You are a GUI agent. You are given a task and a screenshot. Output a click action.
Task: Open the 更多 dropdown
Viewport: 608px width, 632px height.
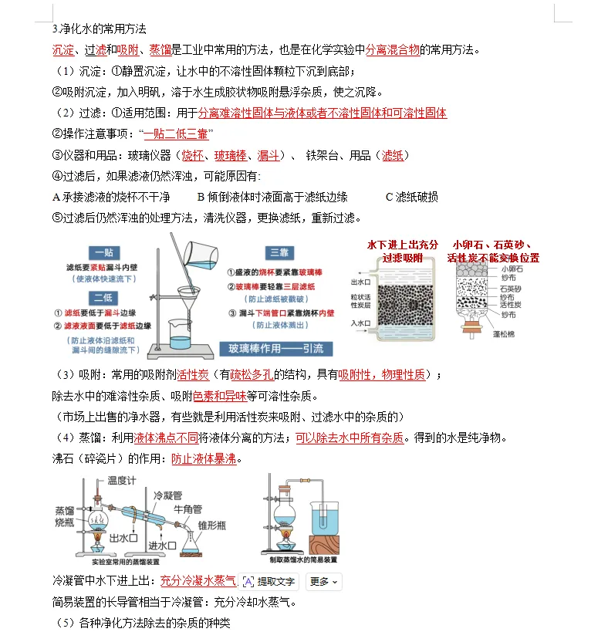pos(324,581)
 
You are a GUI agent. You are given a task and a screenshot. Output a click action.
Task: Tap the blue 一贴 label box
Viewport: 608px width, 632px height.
pos(102,252)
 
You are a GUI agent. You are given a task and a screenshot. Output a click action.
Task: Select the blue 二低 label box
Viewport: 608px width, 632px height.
pos(102,298)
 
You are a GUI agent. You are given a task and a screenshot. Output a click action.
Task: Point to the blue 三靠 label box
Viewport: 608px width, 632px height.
pos(278,252)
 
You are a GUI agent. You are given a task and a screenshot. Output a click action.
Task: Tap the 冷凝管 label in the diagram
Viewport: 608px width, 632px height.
pos(167,495)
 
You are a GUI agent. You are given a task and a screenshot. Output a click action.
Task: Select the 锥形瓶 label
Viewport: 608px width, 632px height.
pos(213,525)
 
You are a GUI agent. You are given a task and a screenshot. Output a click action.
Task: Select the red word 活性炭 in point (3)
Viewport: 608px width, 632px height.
pos(193,375)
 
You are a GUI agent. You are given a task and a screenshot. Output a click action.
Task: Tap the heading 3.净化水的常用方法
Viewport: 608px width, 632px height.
pos(99,29)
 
